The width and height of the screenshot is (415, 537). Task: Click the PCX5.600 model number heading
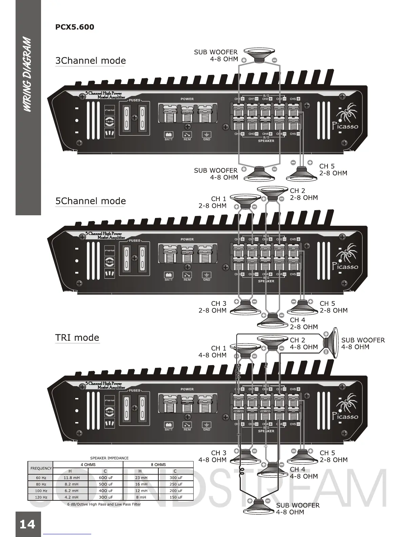(x=75, y=27)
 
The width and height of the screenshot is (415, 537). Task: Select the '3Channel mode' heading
(x=91, y=61)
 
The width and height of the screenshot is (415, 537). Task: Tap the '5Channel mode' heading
(x=91, y=201)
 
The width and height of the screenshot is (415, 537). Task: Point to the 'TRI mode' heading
(x=77, y=338)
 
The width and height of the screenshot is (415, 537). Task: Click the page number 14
(x=27, y=524)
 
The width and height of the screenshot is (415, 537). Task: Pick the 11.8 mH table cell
(x=71, y=478)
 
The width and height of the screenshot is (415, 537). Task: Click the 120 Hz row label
(x=41, y=497)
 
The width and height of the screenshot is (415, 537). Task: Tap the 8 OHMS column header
(x=158, y=465)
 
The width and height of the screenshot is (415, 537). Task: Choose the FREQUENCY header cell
(x=41, y=468)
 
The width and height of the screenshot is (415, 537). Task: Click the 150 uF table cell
(x=176, y=497)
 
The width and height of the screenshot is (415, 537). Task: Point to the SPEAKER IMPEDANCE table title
(x=109, y=458)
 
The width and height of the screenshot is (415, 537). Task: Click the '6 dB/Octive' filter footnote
(x=104, y=504)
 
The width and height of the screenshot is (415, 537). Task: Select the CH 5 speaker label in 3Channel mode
(x=333, y=170)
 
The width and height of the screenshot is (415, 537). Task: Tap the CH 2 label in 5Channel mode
(x=304, y=194)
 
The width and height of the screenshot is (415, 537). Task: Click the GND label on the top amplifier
(x=206, y=139)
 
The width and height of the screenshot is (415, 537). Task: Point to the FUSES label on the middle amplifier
(x=135, y=241)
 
